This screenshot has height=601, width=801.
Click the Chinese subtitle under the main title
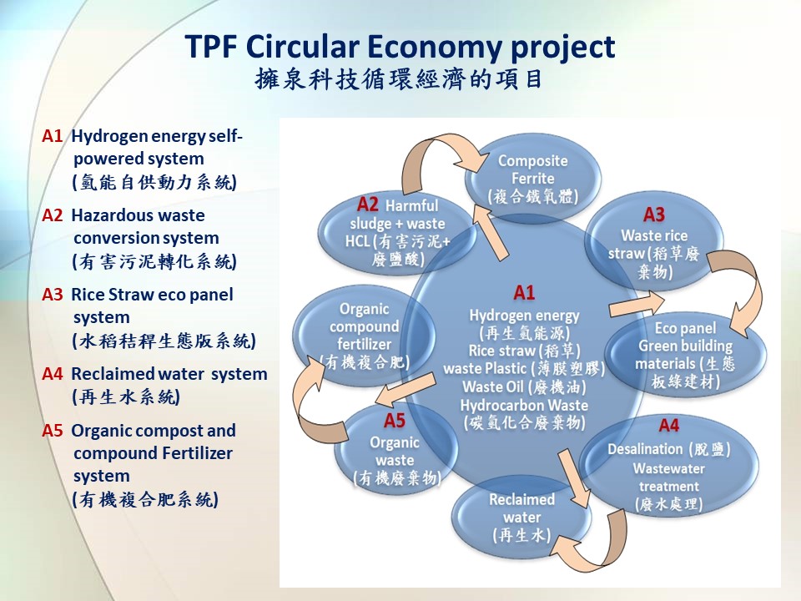399,79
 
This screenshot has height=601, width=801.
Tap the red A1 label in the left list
52,136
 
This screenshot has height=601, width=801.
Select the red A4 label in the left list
52,374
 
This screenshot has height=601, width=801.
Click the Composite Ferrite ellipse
533,179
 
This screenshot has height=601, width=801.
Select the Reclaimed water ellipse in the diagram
521,517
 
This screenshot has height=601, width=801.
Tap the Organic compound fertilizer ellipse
364,336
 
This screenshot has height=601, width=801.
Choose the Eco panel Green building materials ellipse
685,355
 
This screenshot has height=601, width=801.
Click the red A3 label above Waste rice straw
654,215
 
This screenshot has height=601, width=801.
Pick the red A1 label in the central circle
524,293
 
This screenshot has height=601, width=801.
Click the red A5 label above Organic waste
395,421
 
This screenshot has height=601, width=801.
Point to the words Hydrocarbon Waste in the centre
524,406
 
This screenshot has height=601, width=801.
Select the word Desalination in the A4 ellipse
645,449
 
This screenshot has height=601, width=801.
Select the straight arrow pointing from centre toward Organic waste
406,390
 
